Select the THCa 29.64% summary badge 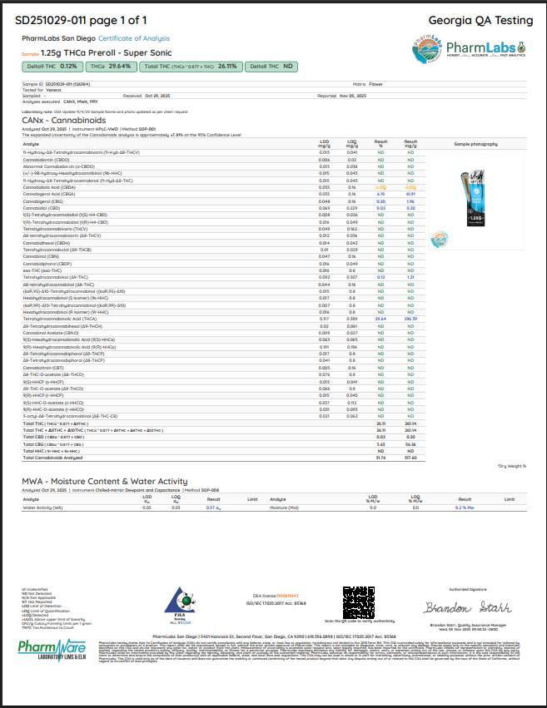pos(110,66)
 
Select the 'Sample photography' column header pos(475,144)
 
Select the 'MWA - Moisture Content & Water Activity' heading pos(106,481)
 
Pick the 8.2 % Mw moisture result pos(465,507)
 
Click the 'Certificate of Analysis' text pos(134,38)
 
